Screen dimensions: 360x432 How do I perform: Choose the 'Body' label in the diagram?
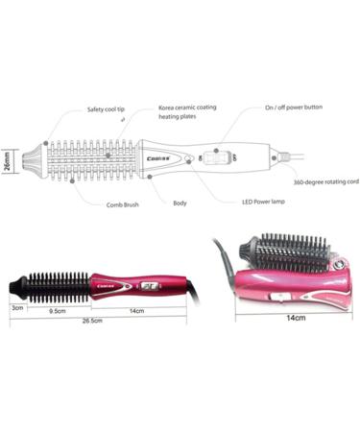pos(180,203)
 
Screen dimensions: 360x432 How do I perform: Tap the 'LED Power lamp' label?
pos(263,203)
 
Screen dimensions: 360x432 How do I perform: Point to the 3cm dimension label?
pos(15,308)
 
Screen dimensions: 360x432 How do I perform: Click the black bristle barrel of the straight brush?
pos(58,284)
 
